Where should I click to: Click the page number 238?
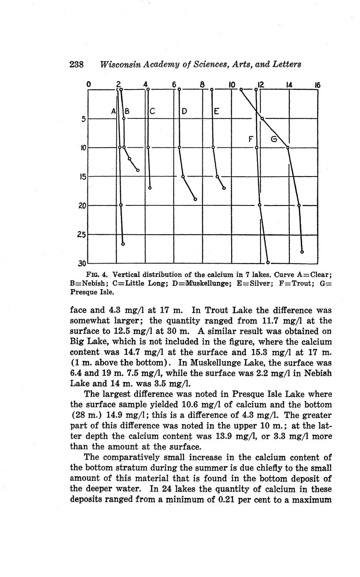[77, 64]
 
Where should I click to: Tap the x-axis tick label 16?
[317, 85]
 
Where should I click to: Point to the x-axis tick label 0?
[89, 85]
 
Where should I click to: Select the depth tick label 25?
[81, 235]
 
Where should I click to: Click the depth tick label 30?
[81, 264]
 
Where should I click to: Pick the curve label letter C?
[153, 112]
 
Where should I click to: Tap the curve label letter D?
[184, 112]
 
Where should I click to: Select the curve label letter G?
[274, 139]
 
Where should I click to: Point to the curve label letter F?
[251, 139]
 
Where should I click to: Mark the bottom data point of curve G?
[302, 252]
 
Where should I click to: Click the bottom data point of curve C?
[150, 188]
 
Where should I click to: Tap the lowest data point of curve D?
[195, 199]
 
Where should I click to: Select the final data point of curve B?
[138, 170]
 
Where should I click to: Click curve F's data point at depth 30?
[268, 263]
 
